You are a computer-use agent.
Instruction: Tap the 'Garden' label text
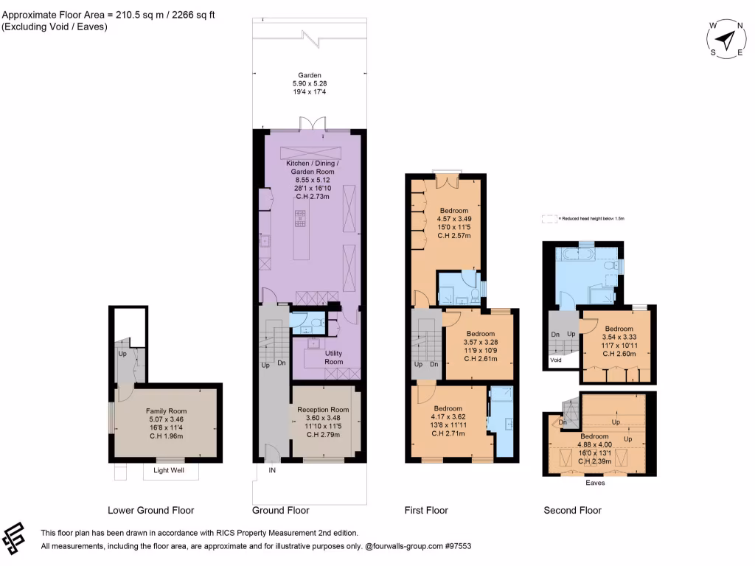pos(309,75)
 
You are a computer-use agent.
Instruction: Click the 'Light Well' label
pos(170,470)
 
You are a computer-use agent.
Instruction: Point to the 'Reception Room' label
pos(323,410)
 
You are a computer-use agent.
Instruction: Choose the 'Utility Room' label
pos(334,357)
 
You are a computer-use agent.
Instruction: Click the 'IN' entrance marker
pos(272,469)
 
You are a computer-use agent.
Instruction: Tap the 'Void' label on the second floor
pos(555,360)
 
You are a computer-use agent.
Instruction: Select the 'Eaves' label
pos(595,483)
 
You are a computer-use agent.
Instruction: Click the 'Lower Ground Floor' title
pos(150,510)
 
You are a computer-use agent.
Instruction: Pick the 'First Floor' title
pos(426,510)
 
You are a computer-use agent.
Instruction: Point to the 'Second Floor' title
pos(572,510)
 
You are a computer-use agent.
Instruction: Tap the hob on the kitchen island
pos(301,219)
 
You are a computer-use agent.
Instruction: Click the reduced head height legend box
pos(549,219)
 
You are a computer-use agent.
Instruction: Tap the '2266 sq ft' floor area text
pos(184,13)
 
